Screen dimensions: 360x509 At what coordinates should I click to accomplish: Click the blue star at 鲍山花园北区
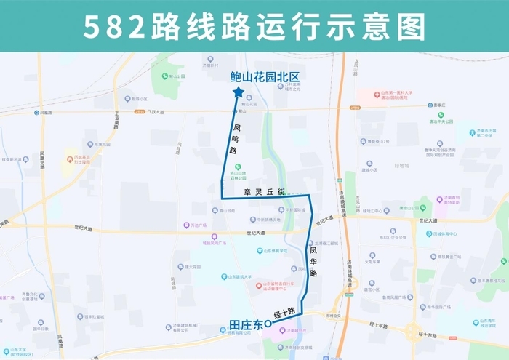[x=239, y=92]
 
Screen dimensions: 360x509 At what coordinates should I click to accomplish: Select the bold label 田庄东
[x=244, y=326]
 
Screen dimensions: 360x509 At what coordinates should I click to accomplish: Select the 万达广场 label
[x=199, y=225]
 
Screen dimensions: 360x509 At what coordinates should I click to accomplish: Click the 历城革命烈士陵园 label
[x=87, y=159]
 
